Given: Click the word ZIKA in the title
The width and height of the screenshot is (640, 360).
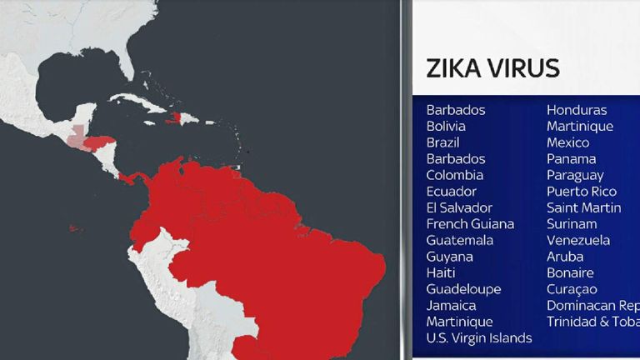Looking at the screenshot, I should pos(454,68).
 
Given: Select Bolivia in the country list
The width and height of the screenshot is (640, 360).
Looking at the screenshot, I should pos(446,127).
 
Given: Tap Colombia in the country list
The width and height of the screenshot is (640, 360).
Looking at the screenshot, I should pos(454,175).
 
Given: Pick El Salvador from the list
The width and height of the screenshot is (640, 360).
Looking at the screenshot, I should pos(459,207).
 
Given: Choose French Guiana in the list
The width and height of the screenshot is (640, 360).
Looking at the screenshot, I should pos(470,224).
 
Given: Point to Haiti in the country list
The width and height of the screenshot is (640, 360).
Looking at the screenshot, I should pos(440,272).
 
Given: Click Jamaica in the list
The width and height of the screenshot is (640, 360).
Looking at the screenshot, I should pos(451,305).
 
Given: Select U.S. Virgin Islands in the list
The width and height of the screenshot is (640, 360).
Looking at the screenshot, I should pos(479,337).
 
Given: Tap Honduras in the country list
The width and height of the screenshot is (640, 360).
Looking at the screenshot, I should pos(577,110).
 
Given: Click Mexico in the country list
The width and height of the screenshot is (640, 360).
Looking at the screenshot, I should pos(567,142).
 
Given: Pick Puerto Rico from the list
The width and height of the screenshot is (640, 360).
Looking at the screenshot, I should pos(581,192).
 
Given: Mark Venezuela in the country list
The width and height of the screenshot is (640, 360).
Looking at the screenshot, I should pos(578,240).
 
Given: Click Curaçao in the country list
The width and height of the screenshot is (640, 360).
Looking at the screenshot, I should pos(572,289).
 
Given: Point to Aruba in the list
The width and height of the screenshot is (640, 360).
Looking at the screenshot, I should pos(565,257).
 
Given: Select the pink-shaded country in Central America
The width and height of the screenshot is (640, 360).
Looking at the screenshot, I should pos(76,137).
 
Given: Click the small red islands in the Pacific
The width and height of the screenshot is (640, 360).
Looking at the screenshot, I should pos(75,228).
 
